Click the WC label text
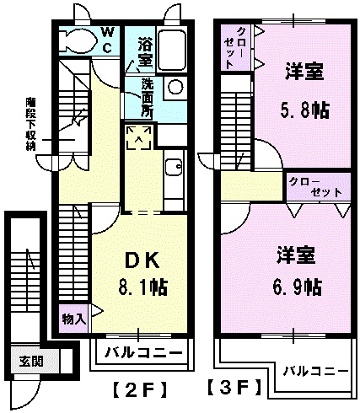click(x=108, y=40)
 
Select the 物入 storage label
click(x=73, y=319)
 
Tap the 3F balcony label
click(x=315, y=370)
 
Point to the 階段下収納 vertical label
click(x=30, y=122)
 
